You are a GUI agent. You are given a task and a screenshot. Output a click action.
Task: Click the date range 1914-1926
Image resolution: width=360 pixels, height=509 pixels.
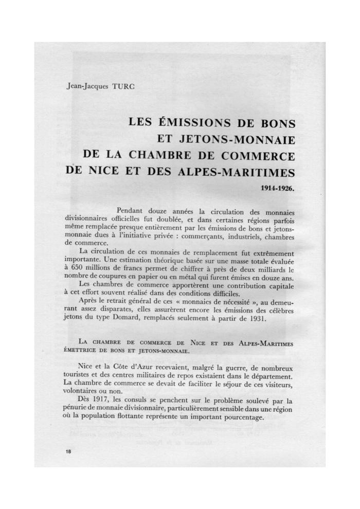point(278,189)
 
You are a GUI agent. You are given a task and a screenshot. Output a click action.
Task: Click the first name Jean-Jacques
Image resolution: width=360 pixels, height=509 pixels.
point(84,87)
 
